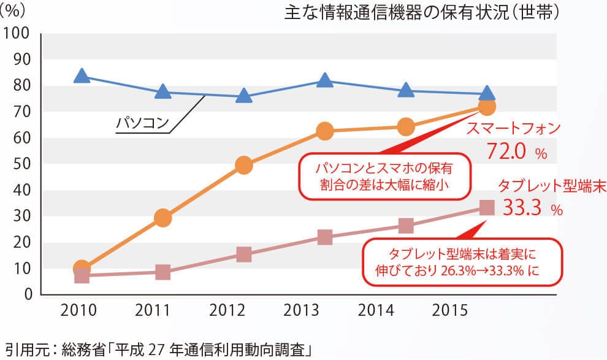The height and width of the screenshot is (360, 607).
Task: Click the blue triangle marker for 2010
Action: [x=82, y=75]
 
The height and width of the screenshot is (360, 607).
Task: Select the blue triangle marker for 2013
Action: [x=325, y=80]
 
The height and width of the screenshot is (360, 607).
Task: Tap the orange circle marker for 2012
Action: [x=243, y=165]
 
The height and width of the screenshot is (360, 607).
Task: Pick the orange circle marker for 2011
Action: [x=162, y=217]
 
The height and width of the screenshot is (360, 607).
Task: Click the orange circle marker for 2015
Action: [x=486, y=107]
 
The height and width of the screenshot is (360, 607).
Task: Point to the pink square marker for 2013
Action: [x=325, y=237]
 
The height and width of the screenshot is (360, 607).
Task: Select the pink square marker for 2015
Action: [x=486, y=207]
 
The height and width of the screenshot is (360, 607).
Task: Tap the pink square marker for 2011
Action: [x=162, y=272]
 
